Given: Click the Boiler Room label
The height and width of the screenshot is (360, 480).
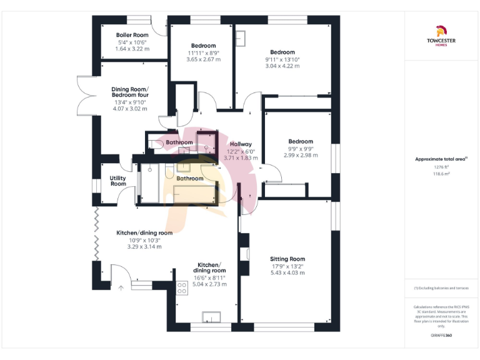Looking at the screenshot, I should [132, 35].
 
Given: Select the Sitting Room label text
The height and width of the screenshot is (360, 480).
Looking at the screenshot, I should [287, 259].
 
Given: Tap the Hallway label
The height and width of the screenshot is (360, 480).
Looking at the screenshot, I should [241, 144].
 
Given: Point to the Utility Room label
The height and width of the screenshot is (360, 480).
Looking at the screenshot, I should [118, 181].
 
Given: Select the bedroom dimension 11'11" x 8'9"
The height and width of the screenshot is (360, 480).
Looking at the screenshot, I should [203, 53].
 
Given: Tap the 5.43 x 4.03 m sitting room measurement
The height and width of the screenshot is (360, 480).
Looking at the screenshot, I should [287, 272].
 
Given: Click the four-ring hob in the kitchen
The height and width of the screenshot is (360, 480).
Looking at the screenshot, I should [182, 288].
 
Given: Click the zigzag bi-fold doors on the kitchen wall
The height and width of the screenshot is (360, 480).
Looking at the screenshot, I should [96, 234].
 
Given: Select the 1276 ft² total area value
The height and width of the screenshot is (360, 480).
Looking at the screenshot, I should [441, 167].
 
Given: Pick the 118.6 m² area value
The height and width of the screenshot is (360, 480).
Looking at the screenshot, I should [441, 174].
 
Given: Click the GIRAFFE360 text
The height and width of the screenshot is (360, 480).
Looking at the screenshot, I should [441, 336].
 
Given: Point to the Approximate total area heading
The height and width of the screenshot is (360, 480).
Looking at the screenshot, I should [441, 159].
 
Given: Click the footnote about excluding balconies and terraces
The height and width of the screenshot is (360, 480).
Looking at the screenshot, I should [441, 288].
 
